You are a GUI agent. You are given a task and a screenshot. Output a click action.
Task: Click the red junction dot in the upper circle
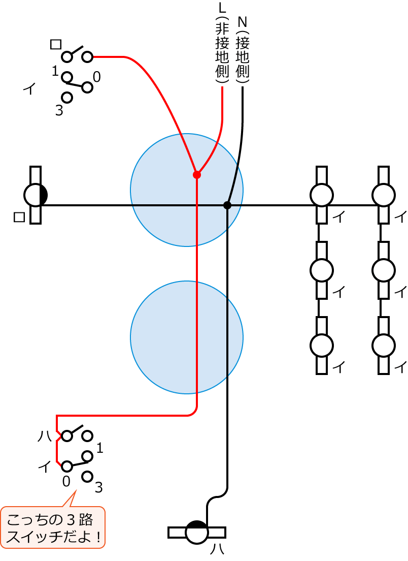point(197,175)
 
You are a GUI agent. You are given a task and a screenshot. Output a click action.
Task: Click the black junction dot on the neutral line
point(227,205)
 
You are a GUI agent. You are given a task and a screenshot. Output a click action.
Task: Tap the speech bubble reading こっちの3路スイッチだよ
point(53,527)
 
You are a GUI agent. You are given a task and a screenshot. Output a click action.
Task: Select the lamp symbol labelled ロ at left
point(36,195)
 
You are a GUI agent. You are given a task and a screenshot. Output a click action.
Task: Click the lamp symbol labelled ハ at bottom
point(197,532)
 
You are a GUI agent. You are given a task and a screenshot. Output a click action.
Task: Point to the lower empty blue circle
point(187,337)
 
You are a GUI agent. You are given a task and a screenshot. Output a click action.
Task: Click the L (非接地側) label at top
point(222,43)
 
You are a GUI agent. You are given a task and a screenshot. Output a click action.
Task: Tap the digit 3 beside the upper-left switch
point(59,110)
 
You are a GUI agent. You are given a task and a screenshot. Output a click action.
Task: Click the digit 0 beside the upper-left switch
point(96,77)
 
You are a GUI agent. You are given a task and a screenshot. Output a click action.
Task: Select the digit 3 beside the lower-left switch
point(98,488)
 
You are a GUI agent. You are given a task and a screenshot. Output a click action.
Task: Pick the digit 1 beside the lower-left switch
point(99,448)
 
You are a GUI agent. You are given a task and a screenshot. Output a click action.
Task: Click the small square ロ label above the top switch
point(56,44)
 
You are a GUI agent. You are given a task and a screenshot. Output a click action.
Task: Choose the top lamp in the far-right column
point(384,195)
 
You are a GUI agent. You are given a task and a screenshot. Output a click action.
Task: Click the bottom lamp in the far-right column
point(384,346)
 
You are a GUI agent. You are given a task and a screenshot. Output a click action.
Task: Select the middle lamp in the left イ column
point(322,270)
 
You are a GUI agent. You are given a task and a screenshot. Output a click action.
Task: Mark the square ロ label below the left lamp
point(19,217)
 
